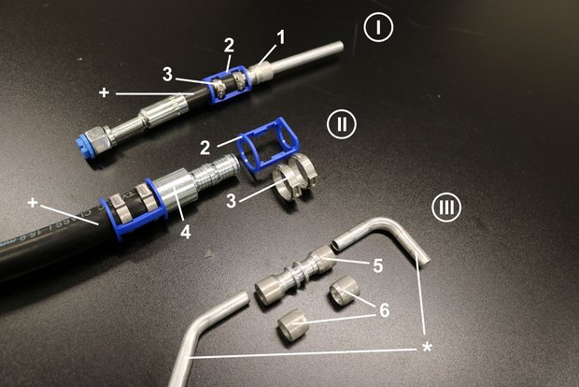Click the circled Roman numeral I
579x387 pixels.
point(378,28)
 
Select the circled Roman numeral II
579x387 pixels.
point(342,123)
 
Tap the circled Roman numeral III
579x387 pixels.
point(446,207)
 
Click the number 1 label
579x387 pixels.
point(281,37)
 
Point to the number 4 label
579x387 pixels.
point(185,232)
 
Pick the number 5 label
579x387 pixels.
point(378,265)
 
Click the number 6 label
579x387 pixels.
point(385,310)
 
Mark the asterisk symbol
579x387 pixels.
point(427,348)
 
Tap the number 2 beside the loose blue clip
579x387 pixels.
point(205,149)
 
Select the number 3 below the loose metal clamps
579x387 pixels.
point(231,202)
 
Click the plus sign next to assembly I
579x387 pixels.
point(105,93)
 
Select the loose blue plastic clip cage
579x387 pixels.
point(267,144)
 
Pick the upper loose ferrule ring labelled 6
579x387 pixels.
point(345,290)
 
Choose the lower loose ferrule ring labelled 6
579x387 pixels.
point(292,322)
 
